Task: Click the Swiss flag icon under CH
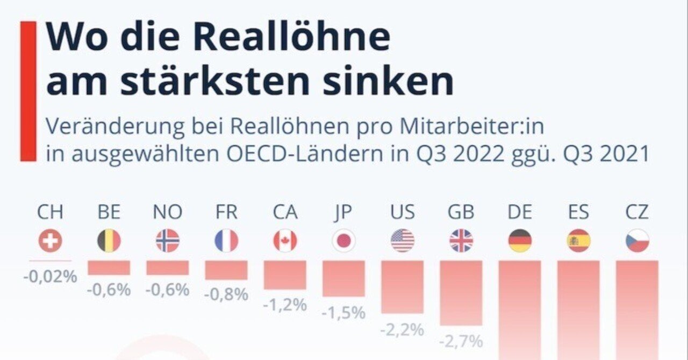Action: click(50, 241)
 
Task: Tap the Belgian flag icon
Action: click(109, 241)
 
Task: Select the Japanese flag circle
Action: click(343, 241)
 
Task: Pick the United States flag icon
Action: click(403, 241)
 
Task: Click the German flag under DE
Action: click(520, 241)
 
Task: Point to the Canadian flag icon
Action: click(285, 241)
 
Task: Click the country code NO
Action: click(168, 213)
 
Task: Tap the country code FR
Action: click(226, 213)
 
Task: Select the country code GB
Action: click(461, 213)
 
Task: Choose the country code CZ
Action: click(637, 213)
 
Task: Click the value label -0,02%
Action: click(50, 278)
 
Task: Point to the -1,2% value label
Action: click(285, 305)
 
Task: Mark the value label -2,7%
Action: click(461, 341)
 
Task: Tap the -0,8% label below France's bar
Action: click(226, 294)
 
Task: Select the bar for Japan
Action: click(343, 278)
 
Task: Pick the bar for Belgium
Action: click(109, 268)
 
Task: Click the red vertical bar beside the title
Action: click(28, 91)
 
